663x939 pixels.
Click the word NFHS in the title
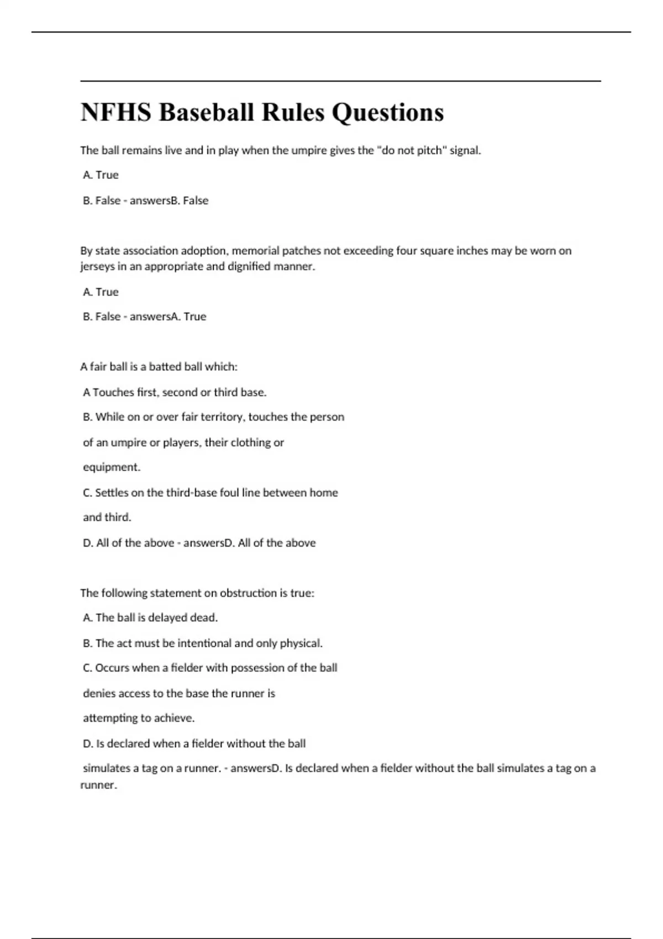(x=115, y=112)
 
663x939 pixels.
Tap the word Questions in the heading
(x=387, y=112)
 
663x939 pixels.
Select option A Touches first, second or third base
(x=175, y=392)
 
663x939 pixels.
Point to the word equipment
(x=111, y=467)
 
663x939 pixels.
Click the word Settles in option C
(x=112, y=493)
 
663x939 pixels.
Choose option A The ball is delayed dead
(x=150, y=618)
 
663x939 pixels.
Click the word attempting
(x=110, y=718)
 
